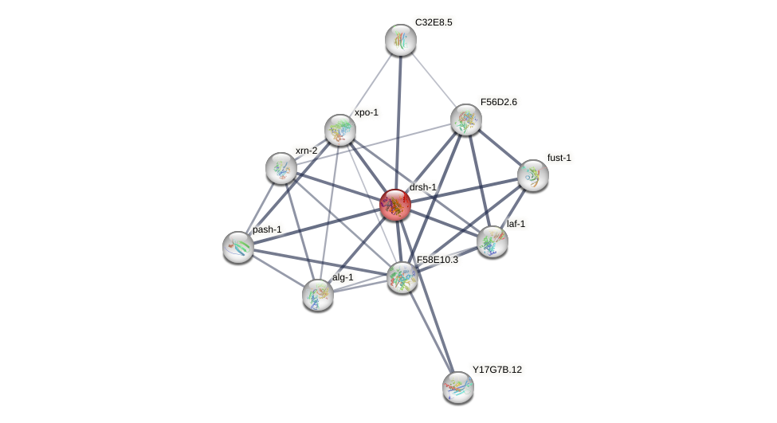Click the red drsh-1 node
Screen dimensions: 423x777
(395, 205)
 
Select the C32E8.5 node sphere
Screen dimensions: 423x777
(401, 40)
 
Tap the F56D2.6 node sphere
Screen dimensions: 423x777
(466, 119)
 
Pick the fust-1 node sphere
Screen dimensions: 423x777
(533, 175)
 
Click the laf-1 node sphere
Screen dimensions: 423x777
(492, 241)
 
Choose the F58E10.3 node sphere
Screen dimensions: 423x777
(402, 277)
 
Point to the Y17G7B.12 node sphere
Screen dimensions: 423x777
(458, 387)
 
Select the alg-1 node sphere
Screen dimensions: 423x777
(318, 295)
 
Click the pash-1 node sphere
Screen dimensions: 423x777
(238, 247)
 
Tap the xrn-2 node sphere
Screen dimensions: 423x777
(281, 168)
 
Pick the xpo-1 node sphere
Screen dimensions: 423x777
(340, 130)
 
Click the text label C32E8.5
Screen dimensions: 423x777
(434, 22)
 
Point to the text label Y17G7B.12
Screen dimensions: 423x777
(497, 370)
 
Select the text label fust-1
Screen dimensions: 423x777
(559, 158)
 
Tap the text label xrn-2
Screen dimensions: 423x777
(306, 151)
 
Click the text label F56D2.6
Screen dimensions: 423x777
(498, 102)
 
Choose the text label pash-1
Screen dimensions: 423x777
(267, 229)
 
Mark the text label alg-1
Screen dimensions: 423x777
(343, 277)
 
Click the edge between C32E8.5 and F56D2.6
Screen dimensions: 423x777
(434, 80)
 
